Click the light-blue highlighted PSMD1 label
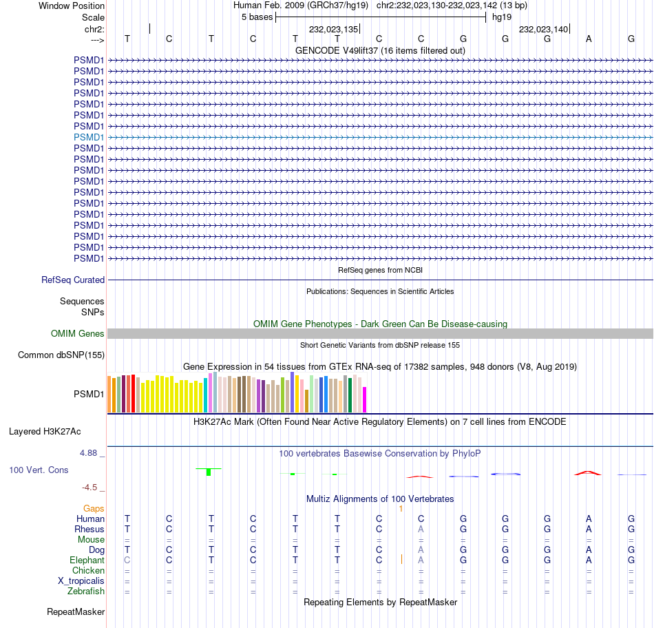89,137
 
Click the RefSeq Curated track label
73,280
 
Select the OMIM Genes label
78,334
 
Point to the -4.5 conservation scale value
90,488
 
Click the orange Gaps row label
94,508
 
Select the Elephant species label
87,561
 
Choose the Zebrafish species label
86,592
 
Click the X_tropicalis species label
81,581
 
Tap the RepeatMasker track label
76,611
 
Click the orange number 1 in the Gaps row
400,508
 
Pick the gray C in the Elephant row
127,561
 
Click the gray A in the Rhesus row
421,530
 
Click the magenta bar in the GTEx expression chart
365,399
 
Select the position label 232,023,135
333,30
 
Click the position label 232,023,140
543,30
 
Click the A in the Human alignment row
589,519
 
